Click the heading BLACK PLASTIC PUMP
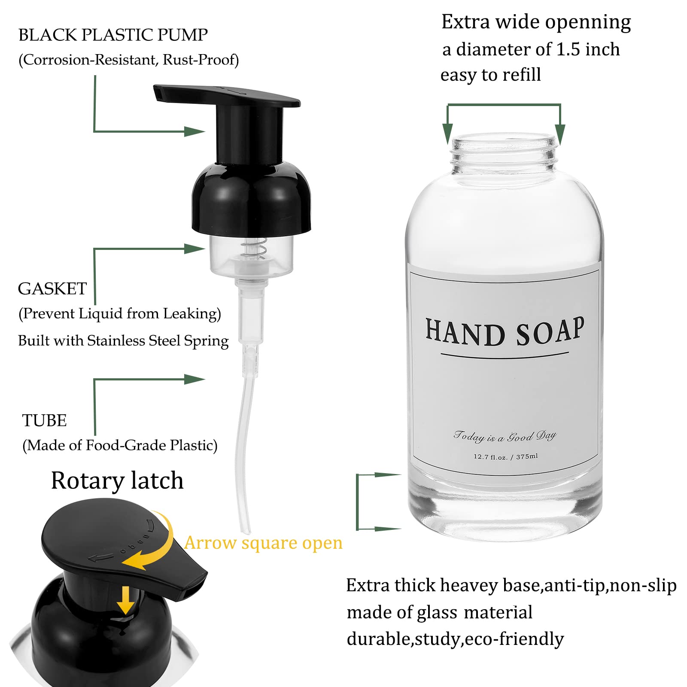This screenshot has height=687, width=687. point(113,35)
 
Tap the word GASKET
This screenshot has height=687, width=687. point(52,289)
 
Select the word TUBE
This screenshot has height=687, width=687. point(44,420)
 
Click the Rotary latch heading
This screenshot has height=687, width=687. point(117,480)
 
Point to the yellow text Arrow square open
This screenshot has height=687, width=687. point(263,543)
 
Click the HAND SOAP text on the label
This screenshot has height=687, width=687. point(505,331)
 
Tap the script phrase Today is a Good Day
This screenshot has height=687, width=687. point(505,436)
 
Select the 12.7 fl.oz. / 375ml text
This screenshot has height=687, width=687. point(505,456)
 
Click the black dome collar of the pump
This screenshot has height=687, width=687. point(251,198)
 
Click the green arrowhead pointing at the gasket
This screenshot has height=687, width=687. point(194,249)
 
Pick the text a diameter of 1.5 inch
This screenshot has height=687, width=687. point(531,49)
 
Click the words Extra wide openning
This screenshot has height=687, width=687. point(536,22)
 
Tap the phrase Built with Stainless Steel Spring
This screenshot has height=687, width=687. point(123,341)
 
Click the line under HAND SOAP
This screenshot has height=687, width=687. point(505,355)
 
